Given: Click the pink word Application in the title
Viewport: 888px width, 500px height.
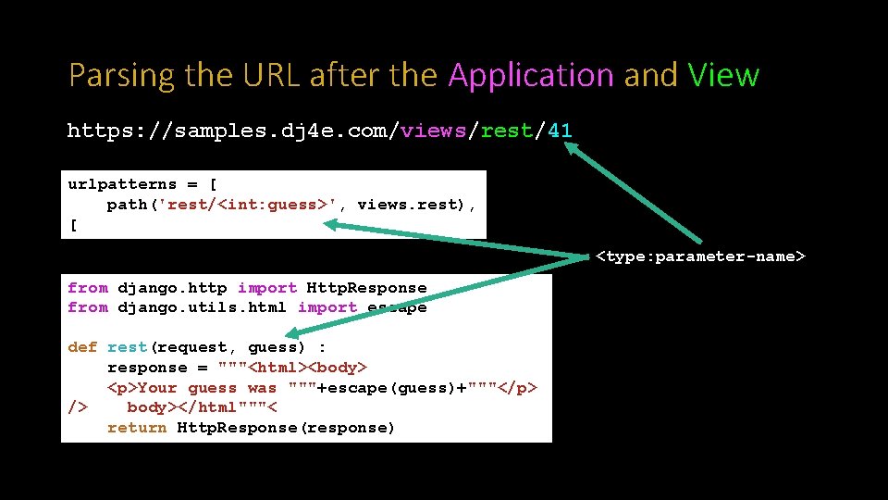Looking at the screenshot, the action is click(531, 75).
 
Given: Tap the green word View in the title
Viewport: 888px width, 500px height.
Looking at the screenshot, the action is click(723, 75).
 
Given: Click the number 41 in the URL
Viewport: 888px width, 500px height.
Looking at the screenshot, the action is click(560, 131).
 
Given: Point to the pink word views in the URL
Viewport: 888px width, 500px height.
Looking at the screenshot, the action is click(434, 131).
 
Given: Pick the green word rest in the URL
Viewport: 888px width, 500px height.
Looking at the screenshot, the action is click(506, 131).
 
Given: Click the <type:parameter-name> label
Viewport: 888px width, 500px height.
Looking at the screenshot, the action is click(700, 256).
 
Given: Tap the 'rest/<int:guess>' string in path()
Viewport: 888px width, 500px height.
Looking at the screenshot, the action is click(249, 205).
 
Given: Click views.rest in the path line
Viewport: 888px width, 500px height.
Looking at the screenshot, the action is click(412, 205).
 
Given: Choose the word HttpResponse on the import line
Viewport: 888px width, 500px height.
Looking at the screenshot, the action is click(366, 288).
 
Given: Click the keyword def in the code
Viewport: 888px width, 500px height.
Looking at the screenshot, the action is click(82, 347).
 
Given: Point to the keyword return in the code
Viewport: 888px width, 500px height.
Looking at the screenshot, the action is click(137, 428).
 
